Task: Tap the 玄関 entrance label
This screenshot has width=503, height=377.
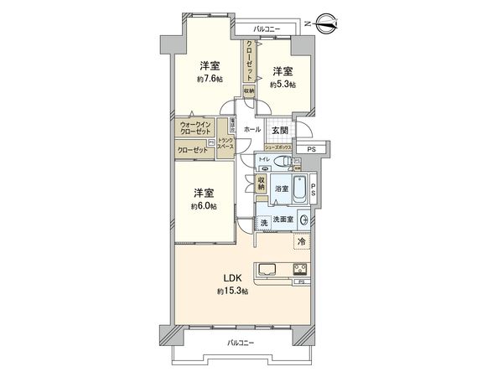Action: (280, 131)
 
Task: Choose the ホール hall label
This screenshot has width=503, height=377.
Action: (251, 131)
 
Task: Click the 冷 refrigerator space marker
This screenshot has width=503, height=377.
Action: (302, 242)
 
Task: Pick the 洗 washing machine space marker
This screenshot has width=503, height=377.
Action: (263, 221)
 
